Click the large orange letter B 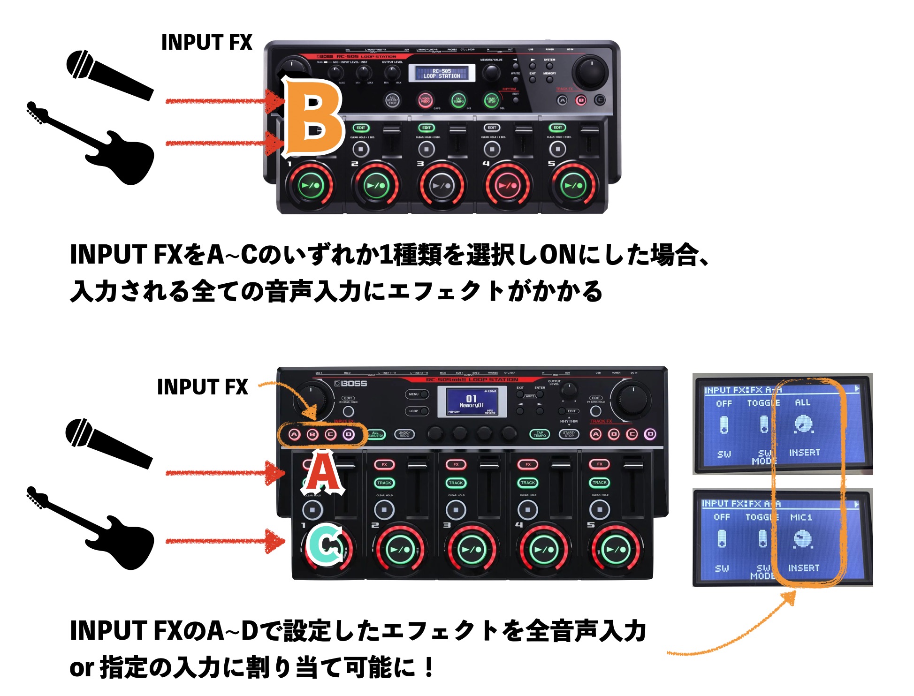click(313, 117)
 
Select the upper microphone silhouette click(109, 74)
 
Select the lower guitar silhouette click(91, 528)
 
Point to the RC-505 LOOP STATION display click(442, 73)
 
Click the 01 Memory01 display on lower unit click(471, 401)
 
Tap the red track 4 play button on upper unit click(507, 185)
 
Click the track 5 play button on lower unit click(616, 549)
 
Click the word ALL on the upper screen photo click(802, 402)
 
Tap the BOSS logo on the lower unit click(350, 384)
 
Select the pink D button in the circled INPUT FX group click(348, 434)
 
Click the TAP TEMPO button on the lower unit click(540, 434)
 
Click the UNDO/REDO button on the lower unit click(404, 434)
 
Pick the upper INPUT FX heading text click(206, 42)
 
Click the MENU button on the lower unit click(416, 394)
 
